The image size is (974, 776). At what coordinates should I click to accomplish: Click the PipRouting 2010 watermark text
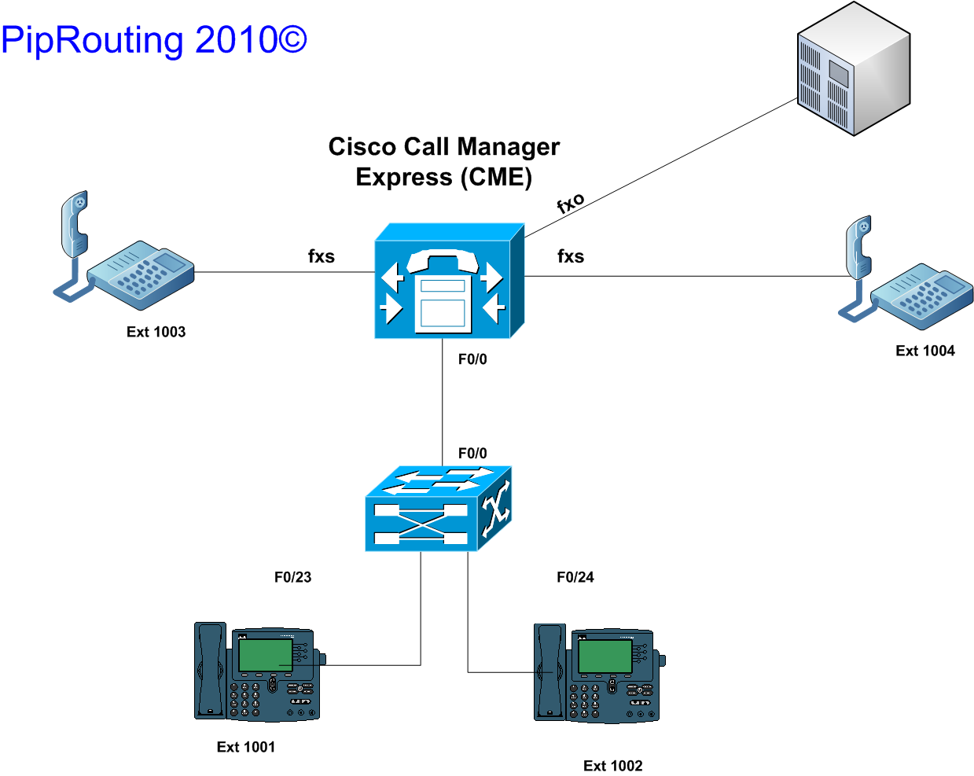point(154,42)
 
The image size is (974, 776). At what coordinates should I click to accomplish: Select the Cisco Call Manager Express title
point(444,162)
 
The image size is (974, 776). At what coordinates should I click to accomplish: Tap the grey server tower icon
point(854,68)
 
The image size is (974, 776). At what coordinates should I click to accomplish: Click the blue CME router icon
point(450,281)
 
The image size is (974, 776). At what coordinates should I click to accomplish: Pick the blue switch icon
point(438,509)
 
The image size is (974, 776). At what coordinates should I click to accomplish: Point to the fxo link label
point(570,202)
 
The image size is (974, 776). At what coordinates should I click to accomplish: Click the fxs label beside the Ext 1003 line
point(322,256)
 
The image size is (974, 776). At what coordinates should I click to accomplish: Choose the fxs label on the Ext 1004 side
point(571,256)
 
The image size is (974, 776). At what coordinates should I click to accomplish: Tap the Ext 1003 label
point(156,332)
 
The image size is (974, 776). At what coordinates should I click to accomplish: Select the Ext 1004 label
point(925,351)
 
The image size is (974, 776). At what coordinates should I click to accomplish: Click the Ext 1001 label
point(246,747)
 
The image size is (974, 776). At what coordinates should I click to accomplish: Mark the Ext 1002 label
point(613,766)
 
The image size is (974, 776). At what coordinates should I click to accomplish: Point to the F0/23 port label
point(293,577)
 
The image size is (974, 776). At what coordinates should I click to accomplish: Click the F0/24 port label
point(575,577)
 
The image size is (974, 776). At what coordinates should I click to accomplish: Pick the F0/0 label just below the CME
point(472,359)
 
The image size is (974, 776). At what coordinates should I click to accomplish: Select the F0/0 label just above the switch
point(472,453)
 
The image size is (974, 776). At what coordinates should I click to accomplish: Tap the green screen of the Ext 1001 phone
point(265,655)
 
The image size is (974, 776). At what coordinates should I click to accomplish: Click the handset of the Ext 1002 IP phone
point(549,672)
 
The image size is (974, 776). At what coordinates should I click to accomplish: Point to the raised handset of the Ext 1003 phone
point(75,225)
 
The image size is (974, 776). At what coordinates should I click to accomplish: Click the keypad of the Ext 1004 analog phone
point(922,298)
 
